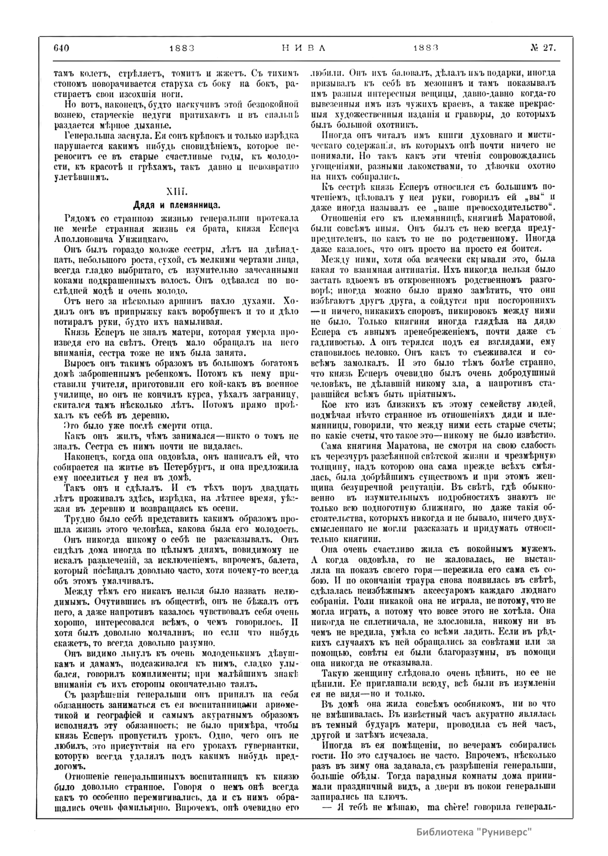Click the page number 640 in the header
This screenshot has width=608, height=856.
(x=60, y=48)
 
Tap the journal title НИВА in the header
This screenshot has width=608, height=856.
(x=302, y=48)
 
